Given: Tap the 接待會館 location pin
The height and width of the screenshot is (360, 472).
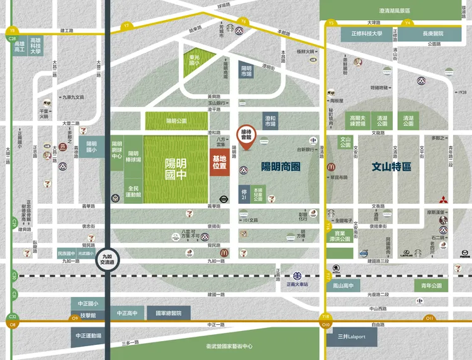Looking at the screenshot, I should (x=246, y=137).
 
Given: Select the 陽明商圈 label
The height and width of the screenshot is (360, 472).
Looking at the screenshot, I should (x=281, y=167).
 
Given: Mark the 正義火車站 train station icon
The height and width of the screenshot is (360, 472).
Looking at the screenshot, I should (x=298, y=276).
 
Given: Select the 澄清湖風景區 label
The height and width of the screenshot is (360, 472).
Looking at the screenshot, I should (x=395, y=11).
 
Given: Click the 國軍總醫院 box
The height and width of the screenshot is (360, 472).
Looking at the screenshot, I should (x=169, y=313).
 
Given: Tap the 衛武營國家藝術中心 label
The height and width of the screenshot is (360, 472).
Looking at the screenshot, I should (x=229, y=347).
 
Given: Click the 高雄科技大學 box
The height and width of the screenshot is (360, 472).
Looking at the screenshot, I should (x=35, y=45).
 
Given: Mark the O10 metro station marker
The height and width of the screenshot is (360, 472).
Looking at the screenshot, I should (x=325, y=325).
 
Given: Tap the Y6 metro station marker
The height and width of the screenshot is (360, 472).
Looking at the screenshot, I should (x=244, y=23).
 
